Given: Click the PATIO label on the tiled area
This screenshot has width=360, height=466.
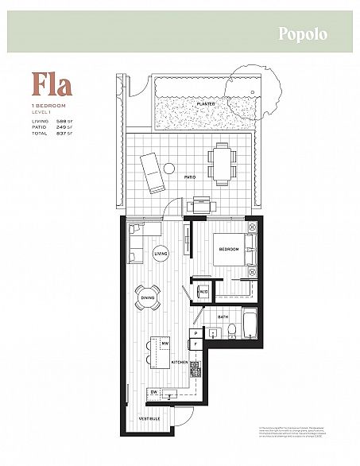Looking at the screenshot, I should click(189, 177).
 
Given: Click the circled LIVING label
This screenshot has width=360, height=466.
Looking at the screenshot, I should click(160, 254).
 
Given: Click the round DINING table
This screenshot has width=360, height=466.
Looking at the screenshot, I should click(149, 300).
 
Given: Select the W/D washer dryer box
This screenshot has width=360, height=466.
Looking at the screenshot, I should click(203, 291).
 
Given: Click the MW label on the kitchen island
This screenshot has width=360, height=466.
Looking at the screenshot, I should click(165, 343).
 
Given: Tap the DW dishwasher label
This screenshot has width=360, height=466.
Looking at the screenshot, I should click(153, 393).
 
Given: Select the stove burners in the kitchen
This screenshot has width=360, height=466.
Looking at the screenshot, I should click(192, 368).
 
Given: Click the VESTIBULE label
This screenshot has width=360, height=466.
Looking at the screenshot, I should click(150, 418).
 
